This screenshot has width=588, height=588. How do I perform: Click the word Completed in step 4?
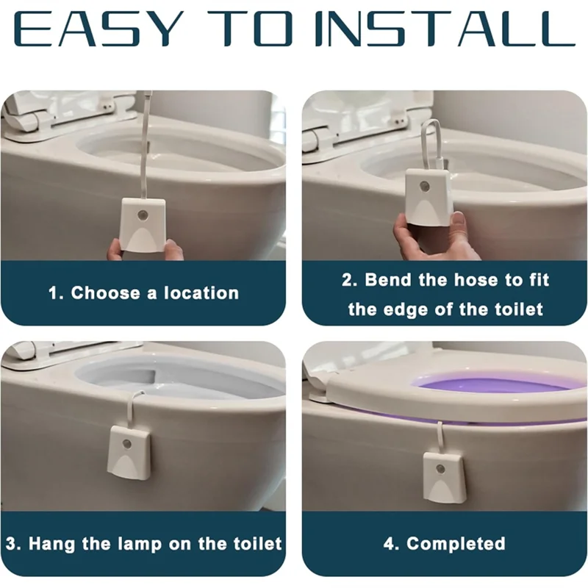pyautogui.click(x=456, y=544)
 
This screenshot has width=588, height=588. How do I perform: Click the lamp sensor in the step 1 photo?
pyautogui.click(x=141, y=215)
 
